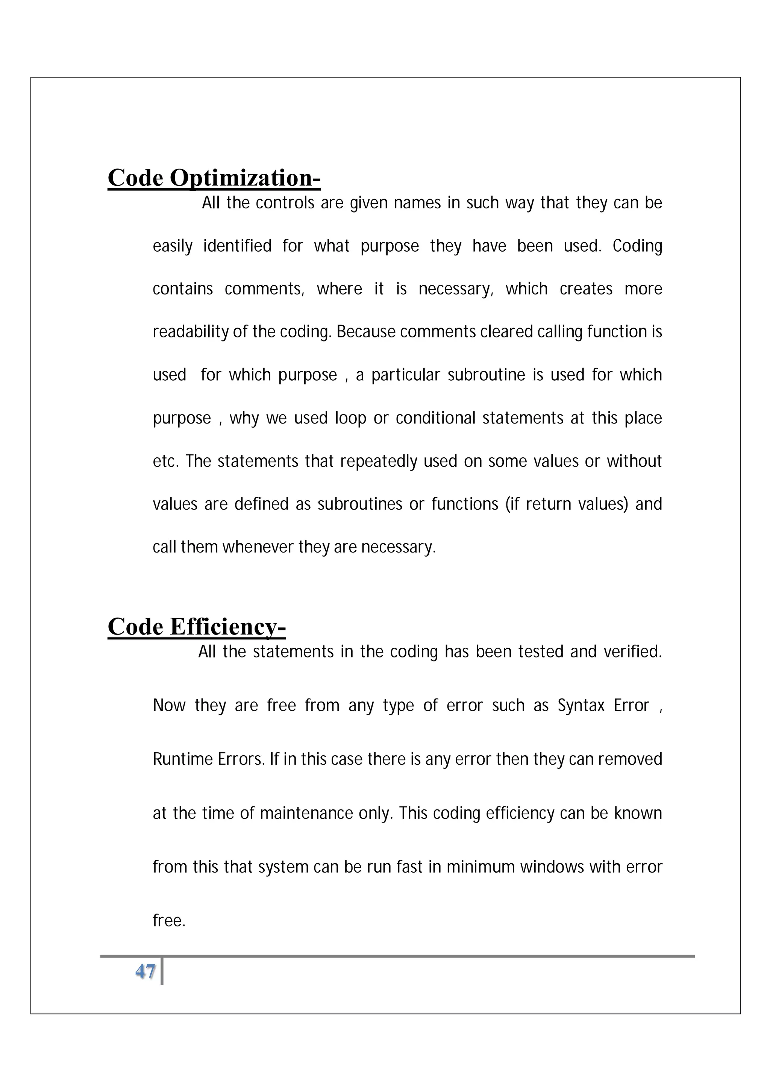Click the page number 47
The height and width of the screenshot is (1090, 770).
[145, 972]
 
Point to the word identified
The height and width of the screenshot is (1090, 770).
[237, 246]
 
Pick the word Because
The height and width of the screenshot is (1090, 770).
[366, 332]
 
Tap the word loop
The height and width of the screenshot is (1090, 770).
[350, 418]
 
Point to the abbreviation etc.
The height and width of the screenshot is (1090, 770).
[165, 462]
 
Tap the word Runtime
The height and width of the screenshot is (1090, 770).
[183, 760]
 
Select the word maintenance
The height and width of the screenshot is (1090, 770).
[306, 814]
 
